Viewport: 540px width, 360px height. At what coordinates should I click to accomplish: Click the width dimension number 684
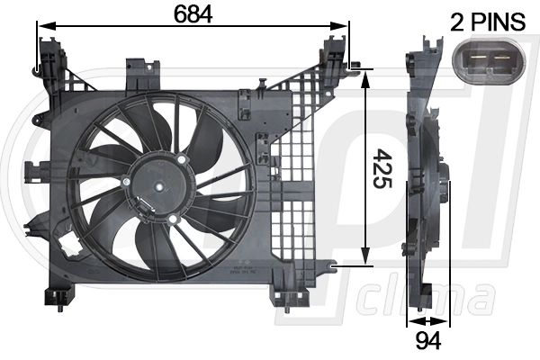192,14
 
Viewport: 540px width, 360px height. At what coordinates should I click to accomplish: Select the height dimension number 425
382,167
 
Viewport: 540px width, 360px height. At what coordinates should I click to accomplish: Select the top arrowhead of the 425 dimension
365,76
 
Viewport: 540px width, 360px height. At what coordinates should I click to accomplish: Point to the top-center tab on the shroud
139,68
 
